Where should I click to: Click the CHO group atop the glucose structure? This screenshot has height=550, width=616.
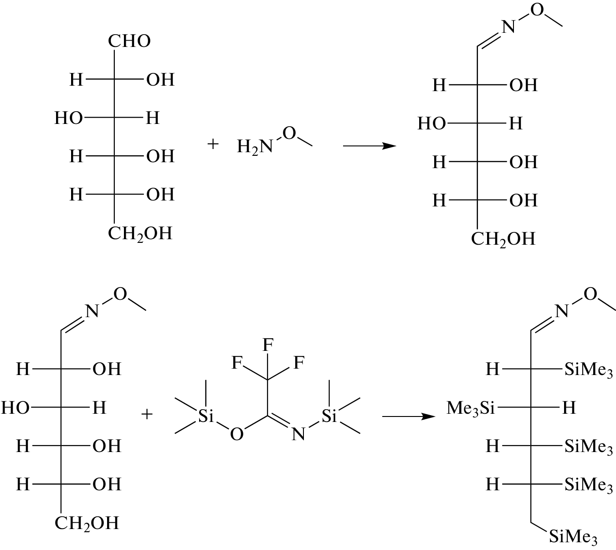pos(129,41)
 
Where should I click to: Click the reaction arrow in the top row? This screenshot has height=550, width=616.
pos(369,146)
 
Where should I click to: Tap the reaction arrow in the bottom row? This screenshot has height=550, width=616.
pos(407,416)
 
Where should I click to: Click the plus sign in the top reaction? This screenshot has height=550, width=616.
pos(213,144)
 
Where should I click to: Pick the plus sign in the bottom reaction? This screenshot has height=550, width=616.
pos(147,414)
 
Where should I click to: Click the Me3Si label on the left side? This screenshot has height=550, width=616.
pos(470,407)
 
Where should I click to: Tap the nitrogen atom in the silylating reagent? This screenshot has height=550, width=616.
pos(298,434)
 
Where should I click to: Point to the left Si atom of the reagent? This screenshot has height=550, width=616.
pos(206,415)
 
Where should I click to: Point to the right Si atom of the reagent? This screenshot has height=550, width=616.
pos(329,415)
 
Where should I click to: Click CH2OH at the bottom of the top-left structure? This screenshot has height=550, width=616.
pos(140,234)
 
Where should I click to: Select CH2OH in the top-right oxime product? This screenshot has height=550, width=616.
pos(503,239)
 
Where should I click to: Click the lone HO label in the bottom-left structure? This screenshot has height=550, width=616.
pos(15,407)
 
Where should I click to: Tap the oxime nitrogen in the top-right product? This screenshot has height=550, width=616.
pos(508,28)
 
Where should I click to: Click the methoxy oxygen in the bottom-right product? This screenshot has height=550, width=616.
pos(590,294)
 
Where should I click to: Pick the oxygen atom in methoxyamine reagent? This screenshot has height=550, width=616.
pos(289,133)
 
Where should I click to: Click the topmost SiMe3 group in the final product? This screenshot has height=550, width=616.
pos(588,370)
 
